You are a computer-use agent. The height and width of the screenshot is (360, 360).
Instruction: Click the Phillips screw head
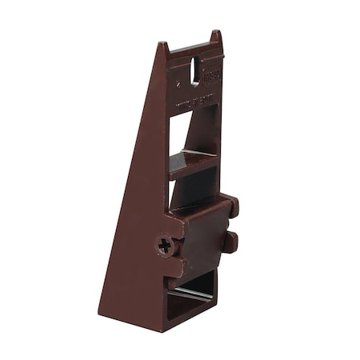[x=166, y=245]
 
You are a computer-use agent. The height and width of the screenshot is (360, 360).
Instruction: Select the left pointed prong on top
[x=163, y=50]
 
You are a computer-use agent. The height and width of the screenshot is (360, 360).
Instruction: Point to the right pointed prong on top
[x=215, y=38]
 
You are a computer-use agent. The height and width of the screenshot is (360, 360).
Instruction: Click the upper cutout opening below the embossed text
[x=192, y=132]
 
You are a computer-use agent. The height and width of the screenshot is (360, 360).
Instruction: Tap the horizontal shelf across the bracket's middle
[x=193, y=164]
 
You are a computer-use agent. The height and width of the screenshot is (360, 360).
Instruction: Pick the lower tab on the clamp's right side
[x=230, y=242]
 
